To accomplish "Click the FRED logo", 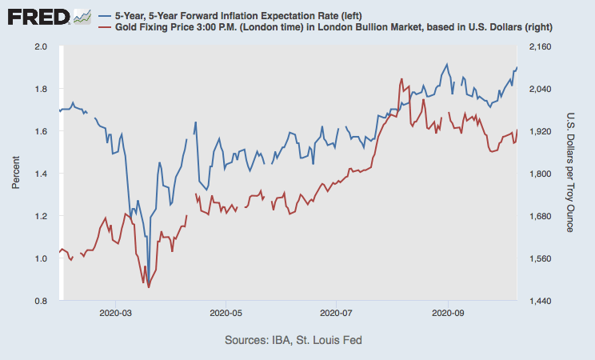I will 46,16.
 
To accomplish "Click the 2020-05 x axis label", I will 225,313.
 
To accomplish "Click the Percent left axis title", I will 16,174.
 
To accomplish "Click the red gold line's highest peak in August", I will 401,79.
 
